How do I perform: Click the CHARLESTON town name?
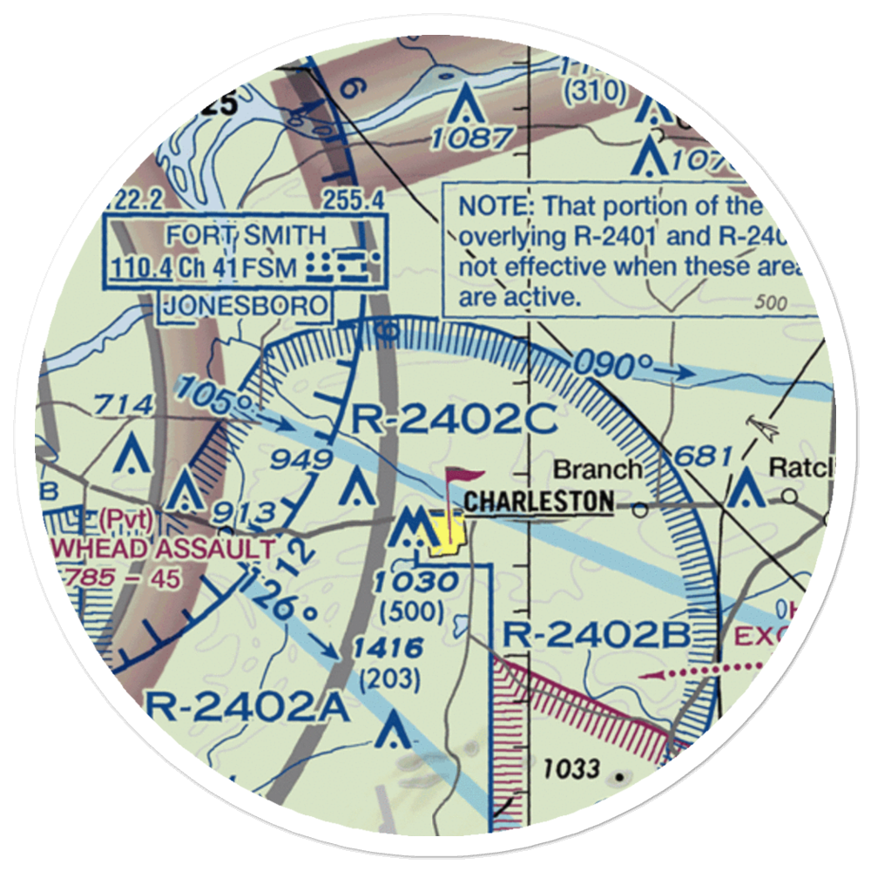coord(538,502)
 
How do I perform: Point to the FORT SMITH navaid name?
coord(247,235)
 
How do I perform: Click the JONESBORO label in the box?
coord(245,306)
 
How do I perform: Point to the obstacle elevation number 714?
coord(125,405)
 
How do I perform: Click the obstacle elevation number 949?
coord(301,460)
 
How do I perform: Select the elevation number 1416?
coord(388,648)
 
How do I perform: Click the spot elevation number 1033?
coord(571,768)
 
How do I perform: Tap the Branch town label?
coord(598,469)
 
